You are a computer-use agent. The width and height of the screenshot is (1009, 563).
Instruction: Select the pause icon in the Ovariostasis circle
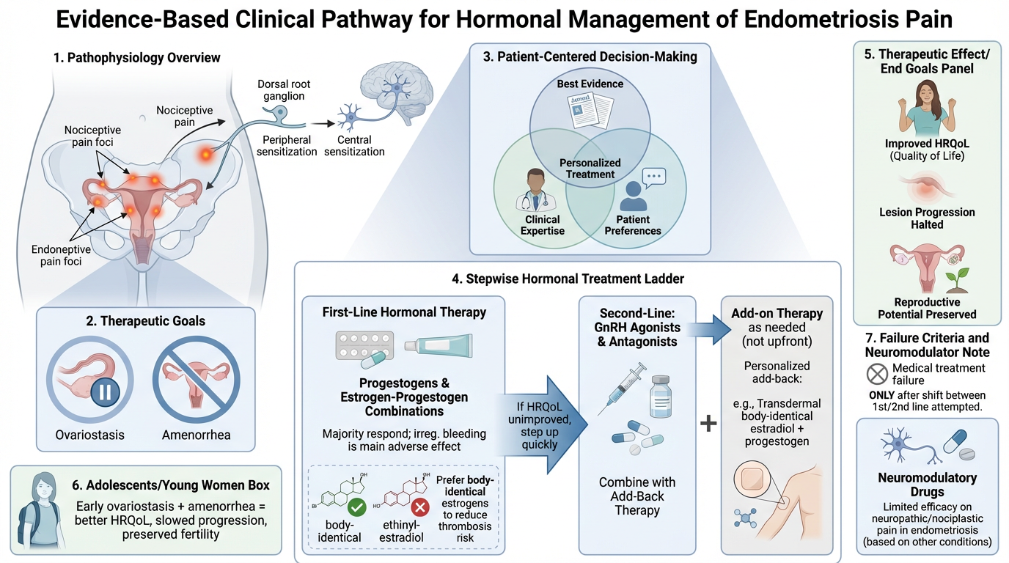click(x=104, y=391)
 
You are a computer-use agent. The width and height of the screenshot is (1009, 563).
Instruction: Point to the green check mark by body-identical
click(x=356, y=507)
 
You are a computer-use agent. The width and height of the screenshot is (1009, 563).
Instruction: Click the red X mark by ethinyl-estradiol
click(x=419, y=507)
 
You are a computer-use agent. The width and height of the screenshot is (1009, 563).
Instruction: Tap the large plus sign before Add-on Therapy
click(x=708, y=424)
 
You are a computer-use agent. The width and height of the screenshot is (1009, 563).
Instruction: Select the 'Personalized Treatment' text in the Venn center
click(x=590, y=168)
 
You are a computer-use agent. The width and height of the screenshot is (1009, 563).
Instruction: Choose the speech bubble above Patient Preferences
click(x=653, y=177)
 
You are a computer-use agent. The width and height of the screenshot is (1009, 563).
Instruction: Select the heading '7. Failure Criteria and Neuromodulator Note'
click(x=926, y=345)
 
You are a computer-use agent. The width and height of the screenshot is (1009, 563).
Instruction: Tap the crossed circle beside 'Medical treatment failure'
click(x=877, y=374)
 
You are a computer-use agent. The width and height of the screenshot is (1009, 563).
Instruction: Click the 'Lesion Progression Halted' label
click(x=927, y=218)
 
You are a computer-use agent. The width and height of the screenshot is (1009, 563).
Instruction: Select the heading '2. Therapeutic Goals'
click(x=146, y=320)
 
